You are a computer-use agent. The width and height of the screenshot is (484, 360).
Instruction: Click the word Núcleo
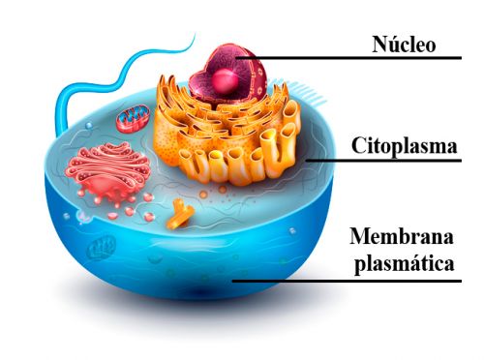[x=404, y=45]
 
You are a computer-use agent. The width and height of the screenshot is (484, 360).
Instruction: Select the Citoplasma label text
[x=405, y=146]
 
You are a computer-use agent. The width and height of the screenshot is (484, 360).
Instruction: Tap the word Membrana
[x=402, y=236]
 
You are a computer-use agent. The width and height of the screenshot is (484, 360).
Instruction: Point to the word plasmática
[x=405, y=264]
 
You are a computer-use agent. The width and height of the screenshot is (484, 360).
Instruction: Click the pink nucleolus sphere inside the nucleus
[x=226, y=81]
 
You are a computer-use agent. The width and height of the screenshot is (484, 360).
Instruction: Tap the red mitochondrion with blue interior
[x=133, y=119]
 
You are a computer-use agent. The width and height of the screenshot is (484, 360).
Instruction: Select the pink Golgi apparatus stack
[x=108, y=171]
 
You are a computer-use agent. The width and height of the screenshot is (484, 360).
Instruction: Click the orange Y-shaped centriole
[x=180, y=215]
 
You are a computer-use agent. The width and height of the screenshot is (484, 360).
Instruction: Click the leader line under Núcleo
[x=348, y=58]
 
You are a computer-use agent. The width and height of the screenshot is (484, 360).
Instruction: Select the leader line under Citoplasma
[x=383, y=161]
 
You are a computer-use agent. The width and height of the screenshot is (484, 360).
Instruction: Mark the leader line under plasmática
[x=347, y=281]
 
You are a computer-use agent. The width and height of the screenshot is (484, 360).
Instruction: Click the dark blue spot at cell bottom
[x=200, y=291]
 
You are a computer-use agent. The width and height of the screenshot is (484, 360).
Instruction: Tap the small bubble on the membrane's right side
[x=292, y=230]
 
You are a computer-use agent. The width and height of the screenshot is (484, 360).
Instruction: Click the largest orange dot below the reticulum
[x=203, y=195]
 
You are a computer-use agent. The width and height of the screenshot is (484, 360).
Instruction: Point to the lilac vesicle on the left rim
[x=83, y=217]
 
